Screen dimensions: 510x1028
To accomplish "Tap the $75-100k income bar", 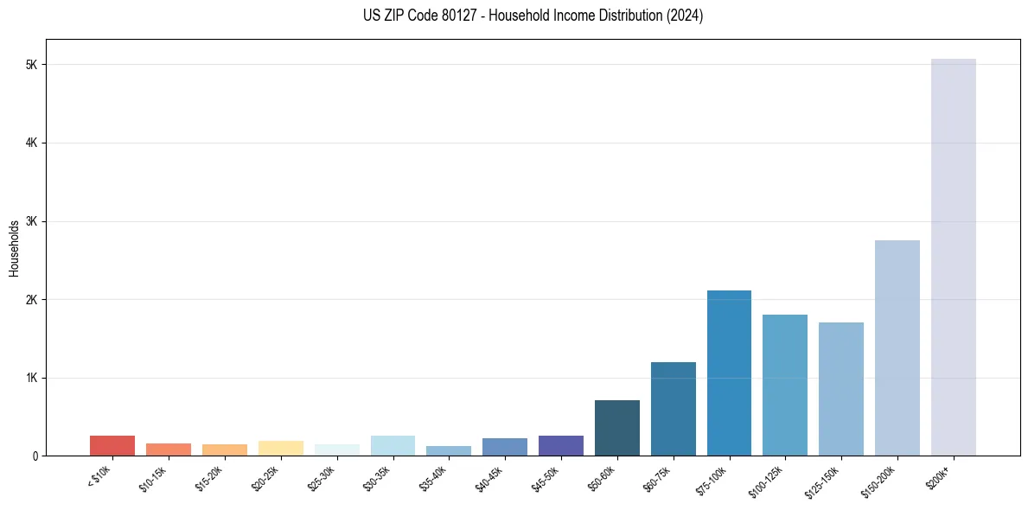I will coord(729,373).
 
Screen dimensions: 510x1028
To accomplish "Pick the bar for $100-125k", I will coord(785,385).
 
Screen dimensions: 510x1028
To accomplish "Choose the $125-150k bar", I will coord(840,389).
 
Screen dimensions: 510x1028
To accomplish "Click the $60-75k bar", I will coord(673,409).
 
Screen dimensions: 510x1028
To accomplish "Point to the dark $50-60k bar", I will coord(616,428).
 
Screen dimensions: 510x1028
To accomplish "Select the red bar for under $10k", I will coord(112,445).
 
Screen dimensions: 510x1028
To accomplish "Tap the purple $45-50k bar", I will coord(560,445).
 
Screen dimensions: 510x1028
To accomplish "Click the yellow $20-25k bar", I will coord(280,448).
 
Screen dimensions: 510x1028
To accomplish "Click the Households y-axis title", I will coord(14,248).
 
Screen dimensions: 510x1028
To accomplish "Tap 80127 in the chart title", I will coord(457,16).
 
